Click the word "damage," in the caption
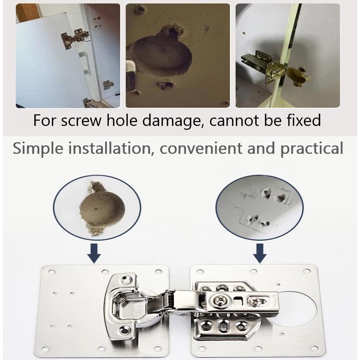click(x=174, y=121)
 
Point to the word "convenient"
click(x=201, y=148)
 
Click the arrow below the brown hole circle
click(x=94, y=253)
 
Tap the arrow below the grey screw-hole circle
click(x=260, y=253)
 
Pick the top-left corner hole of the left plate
click(x=52, y=272)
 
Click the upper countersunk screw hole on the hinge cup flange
click(x=126, y=280)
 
